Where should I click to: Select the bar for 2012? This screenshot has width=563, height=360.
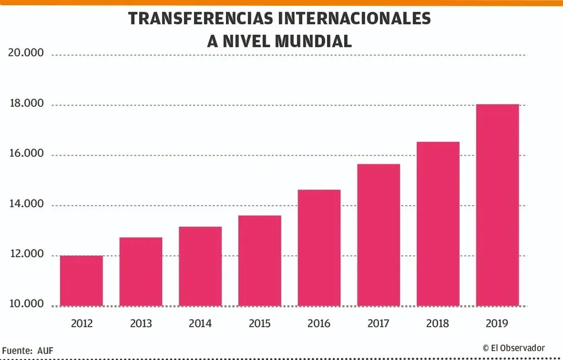click(81, 281)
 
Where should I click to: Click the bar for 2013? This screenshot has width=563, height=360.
click(141, 272)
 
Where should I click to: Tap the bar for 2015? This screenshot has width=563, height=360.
click(260, 261)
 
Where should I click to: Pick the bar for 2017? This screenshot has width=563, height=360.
click(378, 235)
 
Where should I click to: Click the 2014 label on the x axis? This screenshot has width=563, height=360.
click(200, 324)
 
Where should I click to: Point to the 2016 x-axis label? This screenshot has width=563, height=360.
click(319, 324)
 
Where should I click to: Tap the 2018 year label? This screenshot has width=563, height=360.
click(438, 324)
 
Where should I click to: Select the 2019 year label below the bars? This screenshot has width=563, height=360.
click(498, 324)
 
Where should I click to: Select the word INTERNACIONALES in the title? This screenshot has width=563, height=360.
click(354, 19)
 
